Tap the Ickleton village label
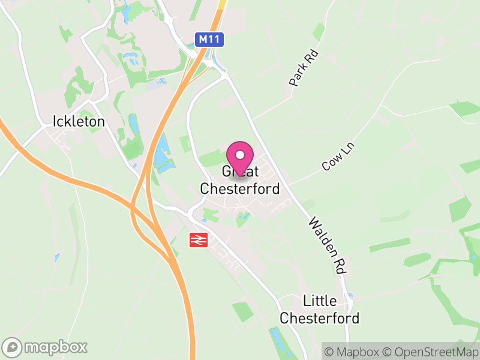point(79,121)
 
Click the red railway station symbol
point(197,240)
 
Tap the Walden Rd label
point(328,246)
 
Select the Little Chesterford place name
point(320,309)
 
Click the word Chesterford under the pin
point(239,188)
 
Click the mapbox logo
point(46,347)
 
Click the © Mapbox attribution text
point(356,350)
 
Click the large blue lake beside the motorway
point(162,153)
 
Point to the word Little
point(320,301)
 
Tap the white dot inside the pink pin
point(241,154)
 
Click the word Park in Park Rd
point(299,76)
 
